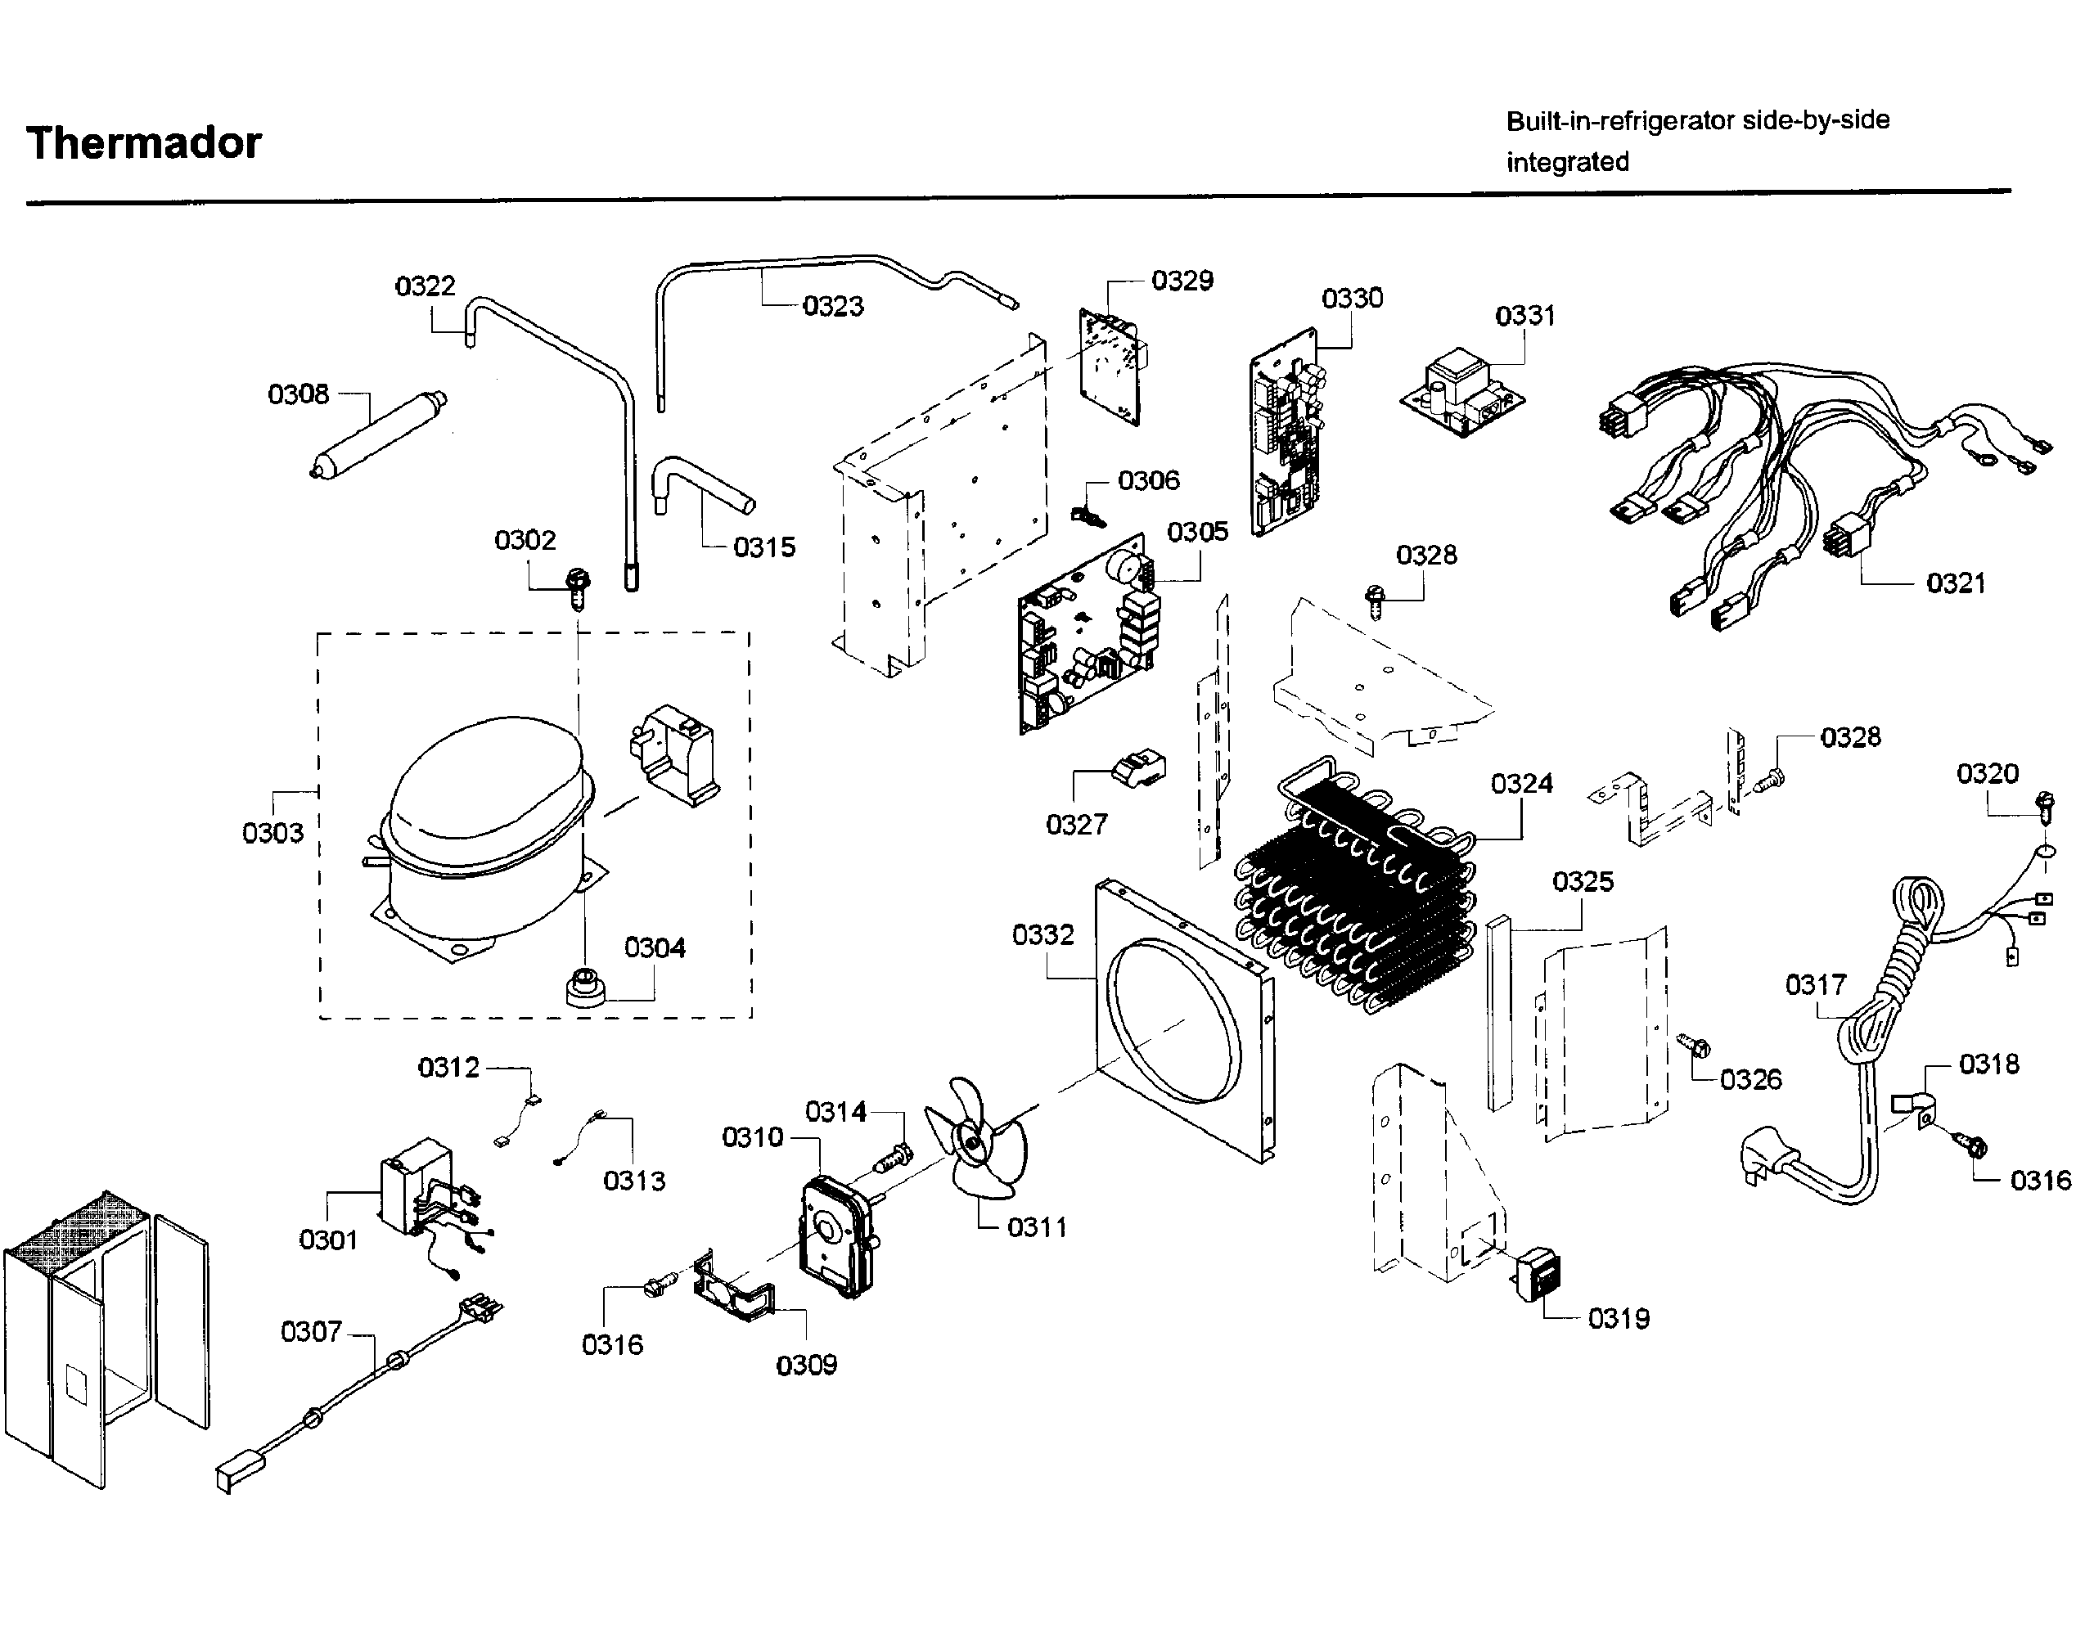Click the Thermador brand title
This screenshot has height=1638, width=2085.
[144, 144]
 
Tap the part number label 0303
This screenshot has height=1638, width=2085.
[272, 834]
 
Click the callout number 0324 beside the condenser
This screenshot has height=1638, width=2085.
[1521, 785]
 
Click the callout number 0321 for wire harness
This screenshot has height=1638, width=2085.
[1956, 583]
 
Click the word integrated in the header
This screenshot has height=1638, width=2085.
[1567, 162]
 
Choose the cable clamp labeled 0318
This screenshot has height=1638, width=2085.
[1916, 1109]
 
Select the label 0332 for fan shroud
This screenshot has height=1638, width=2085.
[1042, 935]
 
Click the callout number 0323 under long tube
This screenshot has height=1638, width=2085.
[832, 307]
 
